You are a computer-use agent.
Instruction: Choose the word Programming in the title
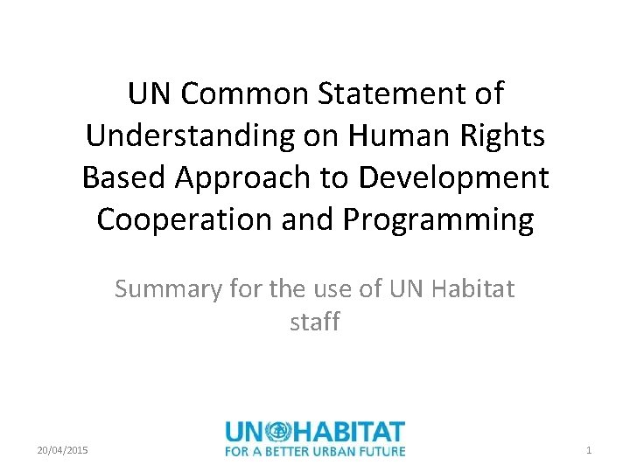437,220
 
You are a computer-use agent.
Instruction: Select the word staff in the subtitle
315,322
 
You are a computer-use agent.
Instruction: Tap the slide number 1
589,449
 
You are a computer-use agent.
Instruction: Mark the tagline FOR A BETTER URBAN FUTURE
315,451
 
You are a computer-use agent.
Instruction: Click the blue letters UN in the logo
245,432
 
